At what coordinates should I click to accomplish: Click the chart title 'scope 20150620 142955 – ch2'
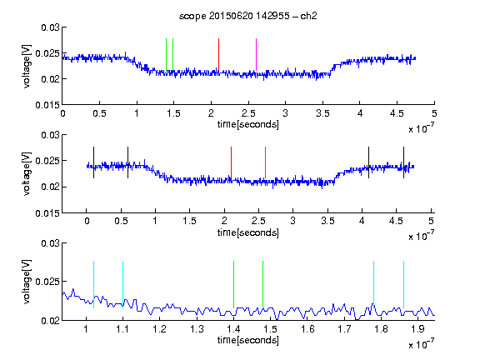click(247, 16)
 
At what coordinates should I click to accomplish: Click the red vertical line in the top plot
click(218, 55)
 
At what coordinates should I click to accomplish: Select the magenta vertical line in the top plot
click(256, 55)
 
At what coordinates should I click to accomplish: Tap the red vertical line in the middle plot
click(231, 162)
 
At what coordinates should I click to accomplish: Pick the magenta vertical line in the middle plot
click(265, 162)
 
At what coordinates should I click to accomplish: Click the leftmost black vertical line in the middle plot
click(93, 162)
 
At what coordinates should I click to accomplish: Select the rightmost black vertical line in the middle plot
click(403, 162)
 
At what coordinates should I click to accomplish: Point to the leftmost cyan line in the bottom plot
click(93, 285)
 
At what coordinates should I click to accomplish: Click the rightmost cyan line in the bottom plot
click(403, 285)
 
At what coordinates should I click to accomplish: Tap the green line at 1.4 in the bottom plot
click(233, 285)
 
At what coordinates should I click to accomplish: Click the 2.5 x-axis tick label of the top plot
click(248, 113)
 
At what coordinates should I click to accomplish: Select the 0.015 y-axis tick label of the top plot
click(47, 105)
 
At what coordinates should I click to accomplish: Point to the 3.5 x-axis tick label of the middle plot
click(327, 221)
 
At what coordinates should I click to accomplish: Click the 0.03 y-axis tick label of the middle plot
click(50, 135)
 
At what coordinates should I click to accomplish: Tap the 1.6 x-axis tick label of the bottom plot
click(307, 329)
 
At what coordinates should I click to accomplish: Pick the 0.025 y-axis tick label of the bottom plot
click(47, 282)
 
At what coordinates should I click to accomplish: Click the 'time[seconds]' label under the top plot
click(248, 124)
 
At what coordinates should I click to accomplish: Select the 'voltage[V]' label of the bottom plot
click(27, 282)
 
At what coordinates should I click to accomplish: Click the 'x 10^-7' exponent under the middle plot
click(421, 236)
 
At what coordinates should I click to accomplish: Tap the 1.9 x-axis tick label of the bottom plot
click(417, 329)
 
